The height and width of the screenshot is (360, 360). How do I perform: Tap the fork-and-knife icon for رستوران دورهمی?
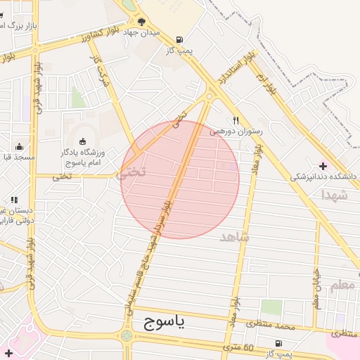(x=236, y=120)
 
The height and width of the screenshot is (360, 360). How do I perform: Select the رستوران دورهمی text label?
(x=236, y=131)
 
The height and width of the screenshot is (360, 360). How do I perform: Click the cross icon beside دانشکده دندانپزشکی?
(x=323, y=166)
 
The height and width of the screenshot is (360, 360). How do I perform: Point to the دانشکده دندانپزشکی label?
(x=326, y=176)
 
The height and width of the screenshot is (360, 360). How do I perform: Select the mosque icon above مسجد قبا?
(x=19, y=147)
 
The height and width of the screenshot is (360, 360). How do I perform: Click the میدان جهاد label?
(x=141, y=32)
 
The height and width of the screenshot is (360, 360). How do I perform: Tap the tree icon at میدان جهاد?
(x=141, y=22)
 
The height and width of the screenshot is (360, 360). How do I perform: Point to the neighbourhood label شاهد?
(x=235, y=236)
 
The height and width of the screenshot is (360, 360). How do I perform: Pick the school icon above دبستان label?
(x=13, y=200)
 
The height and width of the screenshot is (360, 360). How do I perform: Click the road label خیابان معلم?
(x=317, y=285)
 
